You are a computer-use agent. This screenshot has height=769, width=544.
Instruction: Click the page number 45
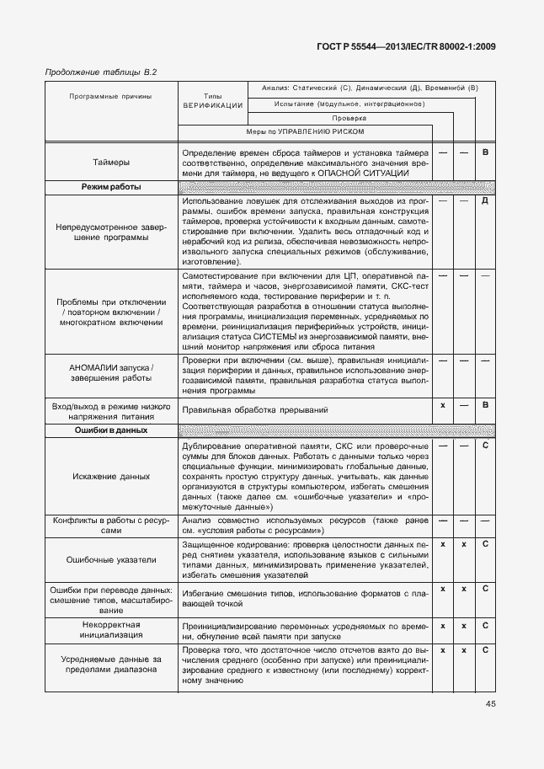click(490, 705)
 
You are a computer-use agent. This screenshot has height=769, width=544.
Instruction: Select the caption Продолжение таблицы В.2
click(100, 72)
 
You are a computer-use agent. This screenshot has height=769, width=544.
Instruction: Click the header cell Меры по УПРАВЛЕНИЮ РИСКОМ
click(305, 132)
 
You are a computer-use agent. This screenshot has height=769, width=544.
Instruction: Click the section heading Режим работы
click(111, 187)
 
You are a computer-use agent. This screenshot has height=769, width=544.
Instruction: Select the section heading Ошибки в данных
click(111, 430)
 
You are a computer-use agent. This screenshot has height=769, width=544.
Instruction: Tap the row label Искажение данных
click(111, 476)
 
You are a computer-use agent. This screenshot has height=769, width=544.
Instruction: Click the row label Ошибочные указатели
click(111, 559)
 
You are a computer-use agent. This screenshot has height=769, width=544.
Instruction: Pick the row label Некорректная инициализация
click(111, 631)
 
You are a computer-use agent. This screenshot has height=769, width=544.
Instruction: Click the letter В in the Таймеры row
click(485, 152)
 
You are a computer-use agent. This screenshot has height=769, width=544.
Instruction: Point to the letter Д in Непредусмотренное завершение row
click(485, 201)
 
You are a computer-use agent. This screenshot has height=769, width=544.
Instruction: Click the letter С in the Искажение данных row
click(485, 444)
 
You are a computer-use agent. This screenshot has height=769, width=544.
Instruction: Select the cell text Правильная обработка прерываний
click(254, 409)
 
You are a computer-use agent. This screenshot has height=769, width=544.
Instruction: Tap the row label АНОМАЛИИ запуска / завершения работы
click(111, 374)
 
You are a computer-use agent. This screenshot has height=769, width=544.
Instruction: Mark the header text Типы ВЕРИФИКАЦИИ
click(212, 101)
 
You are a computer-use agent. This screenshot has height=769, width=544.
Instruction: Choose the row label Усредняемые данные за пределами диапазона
click(111, 665)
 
